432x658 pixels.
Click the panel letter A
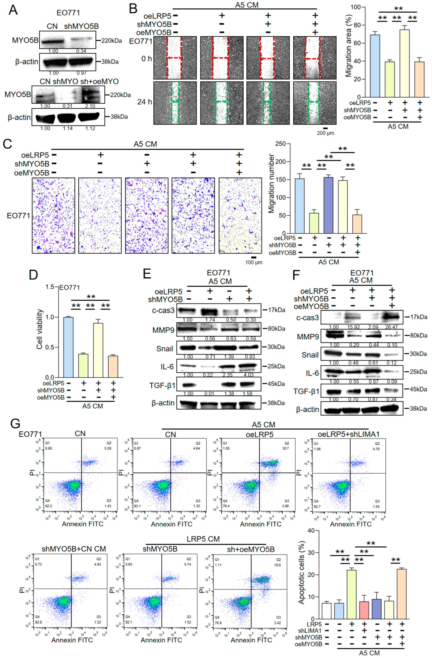[13, 10]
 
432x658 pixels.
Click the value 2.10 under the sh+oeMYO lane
[90, 106]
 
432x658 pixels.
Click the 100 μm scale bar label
[254, 262]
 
